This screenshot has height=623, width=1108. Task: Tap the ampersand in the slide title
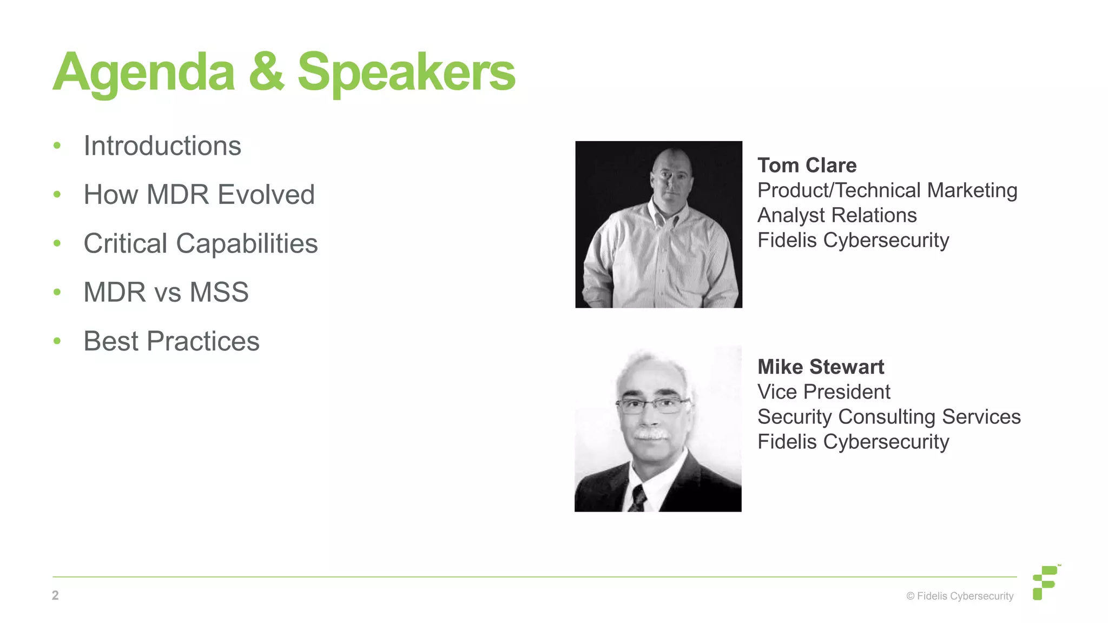click(x=266, y=72)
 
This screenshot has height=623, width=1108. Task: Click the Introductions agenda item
click(x=162, y=146)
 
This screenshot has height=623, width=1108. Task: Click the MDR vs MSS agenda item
click(x=166, y=293)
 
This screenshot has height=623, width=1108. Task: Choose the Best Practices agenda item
click(x=172, y=341)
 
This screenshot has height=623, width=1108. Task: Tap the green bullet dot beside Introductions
click(x=57, y=146)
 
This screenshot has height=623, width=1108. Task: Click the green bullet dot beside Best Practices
click(x=57, y=341)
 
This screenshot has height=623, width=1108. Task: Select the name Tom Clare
click(x=807, y=165)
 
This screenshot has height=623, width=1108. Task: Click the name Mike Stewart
click(x=821, y=367)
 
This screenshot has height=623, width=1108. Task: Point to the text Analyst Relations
click(x=837, y=215)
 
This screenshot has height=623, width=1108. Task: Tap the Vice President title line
click(x=823, y=392)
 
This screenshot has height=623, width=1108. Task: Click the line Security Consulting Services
click(x=889, y=417)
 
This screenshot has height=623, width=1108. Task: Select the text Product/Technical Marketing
click(x=887, y=190)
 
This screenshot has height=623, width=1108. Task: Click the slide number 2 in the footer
click(x=55, y=595)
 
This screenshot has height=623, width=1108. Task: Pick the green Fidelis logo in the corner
click(x=1045, y=582)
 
